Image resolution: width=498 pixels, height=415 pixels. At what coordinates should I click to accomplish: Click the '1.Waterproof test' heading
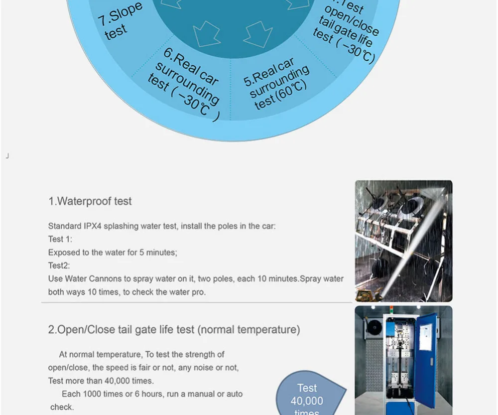pos(90,201)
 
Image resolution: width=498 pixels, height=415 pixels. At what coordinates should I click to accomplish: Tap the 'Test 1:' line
pos(60,239)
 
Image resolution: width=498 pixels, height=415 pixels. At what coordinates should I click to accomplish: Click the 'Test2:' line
pos(59,266)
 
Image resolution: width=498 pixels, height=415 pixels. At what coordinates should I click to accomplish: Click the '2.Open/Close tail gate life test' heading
pos(174,330)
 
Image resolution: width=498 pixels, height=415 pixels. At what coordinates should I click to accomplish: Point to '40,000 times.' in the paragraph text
pos(130,381)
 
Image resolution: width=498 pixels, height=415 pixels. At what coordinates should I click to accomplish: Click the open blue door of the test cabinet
pos(425,359)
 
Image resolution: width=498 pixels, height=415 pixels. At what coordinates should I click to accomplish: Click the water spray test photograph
pos(403,241)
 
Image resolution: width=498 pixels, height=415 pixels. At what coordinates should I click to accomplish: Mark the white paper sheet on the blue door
pos(426,336)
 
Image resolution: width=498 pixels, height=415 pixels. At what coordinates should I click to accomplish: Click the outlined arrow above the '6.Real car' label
pos(206,33)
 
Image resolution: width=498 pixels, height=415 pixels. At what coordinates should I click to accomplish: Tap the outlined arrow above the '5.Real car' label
pos(258,33)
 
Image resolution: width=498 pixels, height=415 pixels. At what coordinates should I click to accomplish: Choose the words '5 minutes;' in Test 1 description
pos(158,253)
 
